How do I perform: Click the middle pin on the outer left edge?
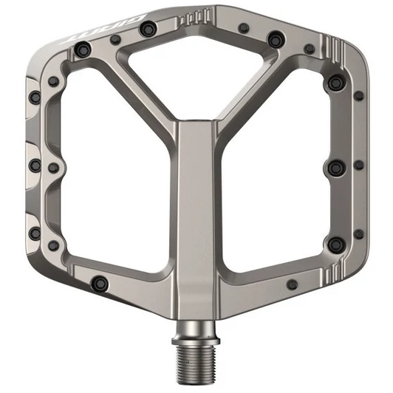pos(34,164)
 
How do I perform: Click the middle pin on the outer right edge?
pos(358,165)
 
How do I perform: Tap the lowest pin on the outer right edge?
pos(358,234)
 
